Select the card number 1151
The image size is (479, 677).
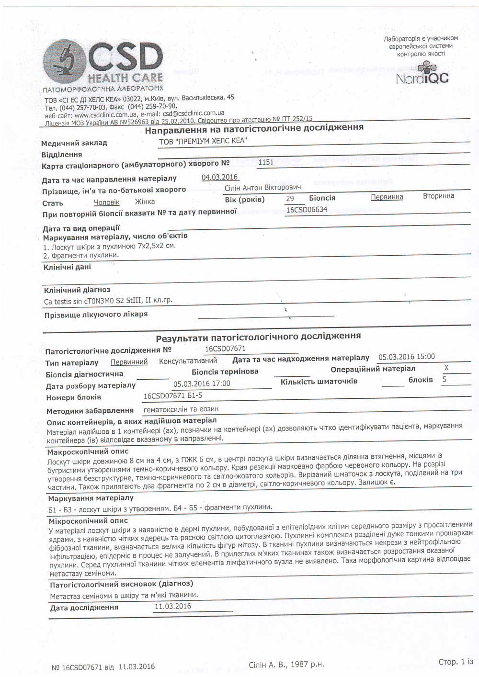click(266, 162)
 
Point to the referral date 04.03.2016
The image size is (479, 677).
click(220, 177)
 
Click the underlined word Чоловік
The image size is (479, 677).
click(106, 203)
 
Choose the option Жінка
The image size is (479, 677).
click(145, 202)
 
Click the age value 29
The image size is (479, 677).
click(290, 198)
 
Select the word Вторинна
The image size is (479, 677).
click(438, 196)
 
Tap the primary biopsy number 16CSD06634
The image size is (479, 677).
click(307, 209)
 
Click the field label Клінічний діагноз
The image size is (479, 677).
click(77, 290)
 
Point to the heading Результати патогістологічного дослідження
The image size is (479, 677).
click(258, 336)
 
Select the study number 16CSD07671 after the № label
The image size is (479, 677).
click(225, 349)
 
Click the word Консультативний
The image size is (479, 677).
click(188, 361)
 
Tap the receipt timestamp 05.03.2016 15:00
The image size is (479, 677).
click(407, 357)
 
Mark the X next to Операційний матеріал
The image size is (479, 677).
click(446, 368)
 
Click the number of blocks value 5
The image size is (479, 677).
click(445, 379)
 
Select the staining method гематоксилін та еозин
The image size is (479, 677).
click(181, 409)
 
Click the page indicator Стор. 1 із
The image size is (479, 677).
click(456, 662)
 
